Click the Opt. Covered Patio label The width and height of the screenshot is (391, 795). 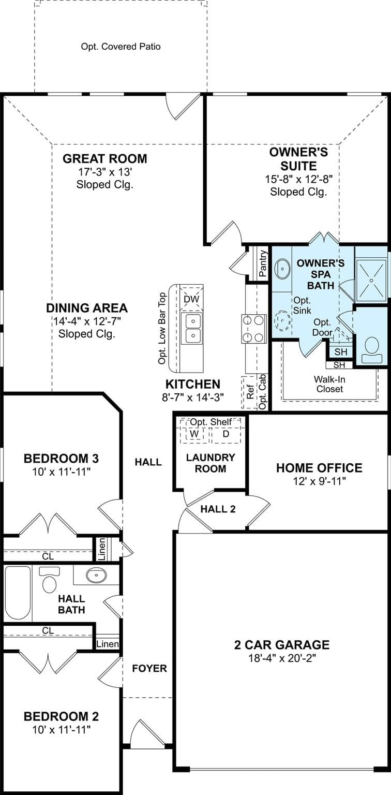click(x=121, y=47)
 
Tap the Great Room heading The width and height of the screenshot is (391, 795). click(x=104, y=158)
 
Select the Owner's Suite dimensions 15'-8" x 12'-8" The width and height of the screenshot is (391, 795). click(x=299, y=179)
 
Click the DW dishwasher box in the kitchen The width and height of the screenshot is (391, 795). click(x=191, y=299)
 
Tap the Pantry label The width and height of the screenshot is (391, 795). click(x=263, y=263)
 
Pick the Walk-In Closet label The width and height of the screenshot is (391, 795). click(x=329, y=384)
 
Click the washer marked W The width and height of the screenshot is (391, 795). click(x=194, y=434)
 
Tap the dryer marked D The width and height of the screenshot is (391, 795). click(x=226, y=434)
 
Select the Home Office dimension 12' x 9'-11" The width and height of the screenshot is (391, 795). click(x=319, y=481)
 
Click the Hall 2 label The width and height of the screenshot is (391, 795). click(x=218, y=509)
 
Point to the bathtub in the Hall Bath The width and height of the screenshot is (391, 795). click(x=18, y=593)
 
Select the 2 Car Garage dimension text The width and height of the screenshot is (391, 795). click(x=282, y=658)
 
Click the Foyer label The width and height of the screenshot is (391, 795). click(x=149, y=668)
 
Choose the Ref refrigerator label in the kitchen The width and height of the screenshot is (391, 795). click(x=250, y=391)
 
